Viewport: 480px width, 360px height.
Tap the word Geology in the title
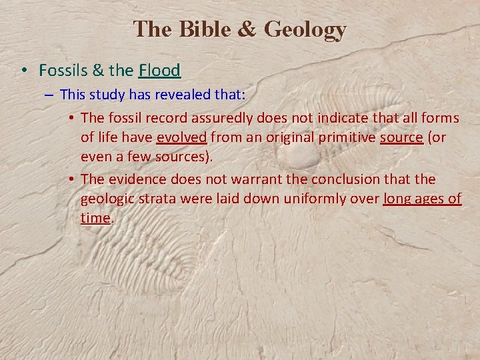coord(305,30)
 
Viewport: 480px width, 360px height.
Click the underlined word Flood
coord(160,70)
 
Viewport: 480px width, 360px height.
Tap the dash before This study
coord(50,95)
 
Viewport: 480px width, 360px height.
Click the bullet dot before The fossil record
coord(71,119)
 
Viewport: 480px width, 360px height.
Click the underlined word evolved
coord(181,137)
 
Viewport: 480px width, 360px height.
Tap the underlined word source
coord(401,137)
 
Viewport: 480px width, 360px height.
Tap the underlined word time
coord(95,218)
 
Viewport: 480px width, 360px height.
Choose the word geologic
coord(106,199)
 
